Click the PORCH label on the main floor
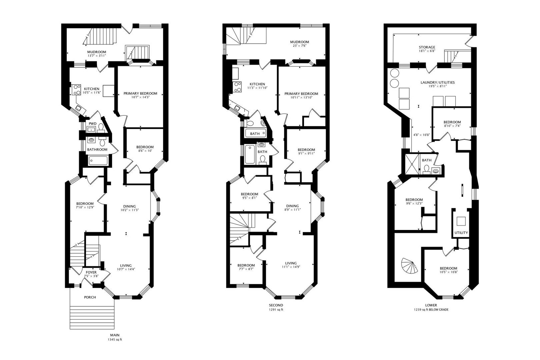[x=90, y=297]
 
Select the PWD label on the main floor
[x=92, y=124]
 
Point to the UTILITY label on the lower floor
[x=461, y=233]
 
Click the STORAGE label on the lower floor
[x=427, y=47]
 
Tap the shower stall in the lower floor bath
[x=412, y=164]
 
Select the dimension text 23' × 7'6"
[x=299, y=46]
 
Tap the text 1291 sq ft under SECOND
[x=276, y=310]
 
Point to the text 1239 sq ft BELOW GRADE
[x=431, y=310]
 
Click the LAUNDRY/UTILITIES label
[x=437, y=82]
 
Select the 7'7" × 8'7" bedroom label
[x=246, y=265]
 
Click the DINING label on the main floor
[x=129, y=206]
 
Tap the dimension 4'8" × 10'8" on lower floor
[x=421, y=135]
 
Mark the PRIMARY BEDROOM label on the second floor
[x=301, y=94]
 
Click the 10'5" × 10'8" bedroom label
[x=448, y=268]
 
